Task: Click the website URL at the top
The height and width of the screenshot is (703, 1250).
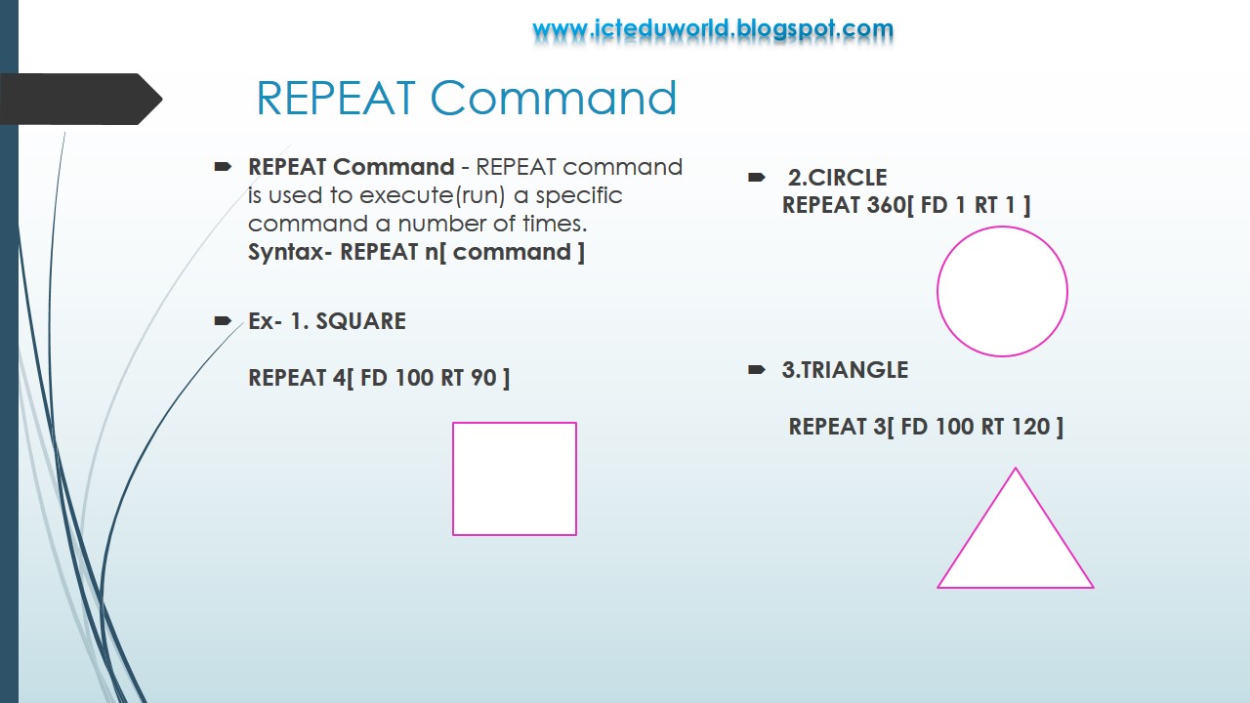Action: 713,29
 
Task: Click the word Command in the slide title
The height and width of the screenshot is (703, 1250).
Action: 554,99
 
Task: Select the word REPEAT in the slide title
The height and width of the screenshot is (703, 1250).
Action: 336,99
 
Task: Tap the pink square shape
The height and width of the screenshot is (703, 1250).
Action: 515,478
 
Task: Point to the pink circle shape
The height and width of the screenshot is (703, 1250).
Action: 1002,291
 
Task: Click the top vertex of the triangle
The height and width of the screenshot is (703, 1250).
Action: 1016,469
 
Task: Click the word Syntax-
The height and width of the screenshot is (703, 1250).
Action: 290,252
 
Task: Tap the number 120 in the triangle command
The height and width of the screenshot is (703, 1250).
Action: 1029,427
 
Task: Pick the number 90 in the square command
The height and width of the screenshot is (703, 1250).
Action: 483,377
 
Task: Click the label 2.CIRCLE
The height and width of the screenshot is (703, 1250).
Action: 837,178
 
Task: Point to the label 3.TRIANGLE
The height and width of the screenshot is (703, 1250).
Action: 845,370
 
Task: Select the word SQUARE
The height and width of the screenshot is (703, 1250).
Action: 360,321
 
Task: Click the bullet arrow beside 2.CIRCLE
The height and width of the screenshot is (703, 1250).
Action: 756,178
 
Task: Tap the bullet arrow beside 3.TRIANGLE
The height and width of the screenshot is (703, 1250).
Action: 756,370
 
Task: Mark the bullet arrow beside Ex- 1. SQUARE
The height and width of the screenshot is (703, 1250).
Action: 222,320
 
